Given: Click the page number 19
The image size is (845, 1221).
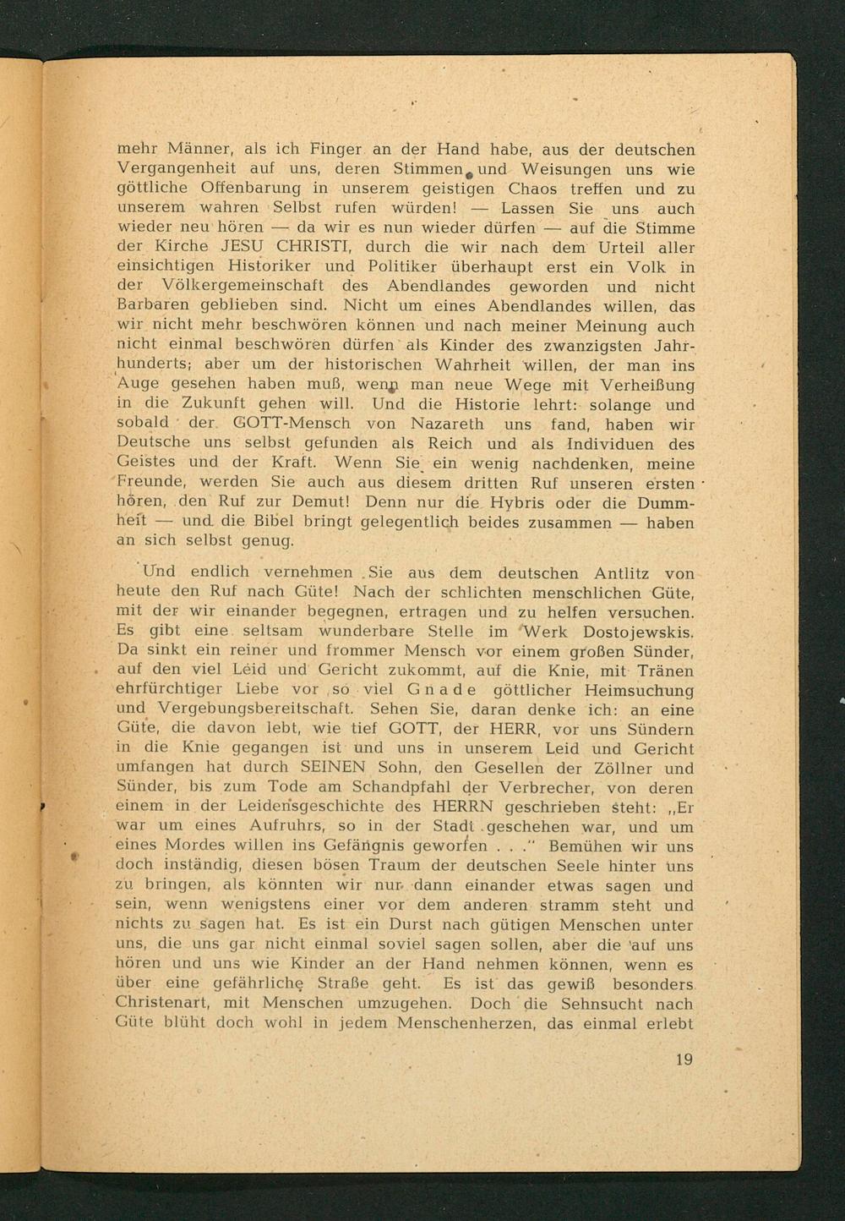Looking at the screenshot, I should pos(684,1059).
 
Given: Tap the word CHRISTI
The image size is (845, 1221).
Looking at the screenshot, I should pos(305,248).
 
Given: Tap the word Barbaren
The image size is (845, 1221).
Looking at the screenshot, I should pos(151,306).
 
